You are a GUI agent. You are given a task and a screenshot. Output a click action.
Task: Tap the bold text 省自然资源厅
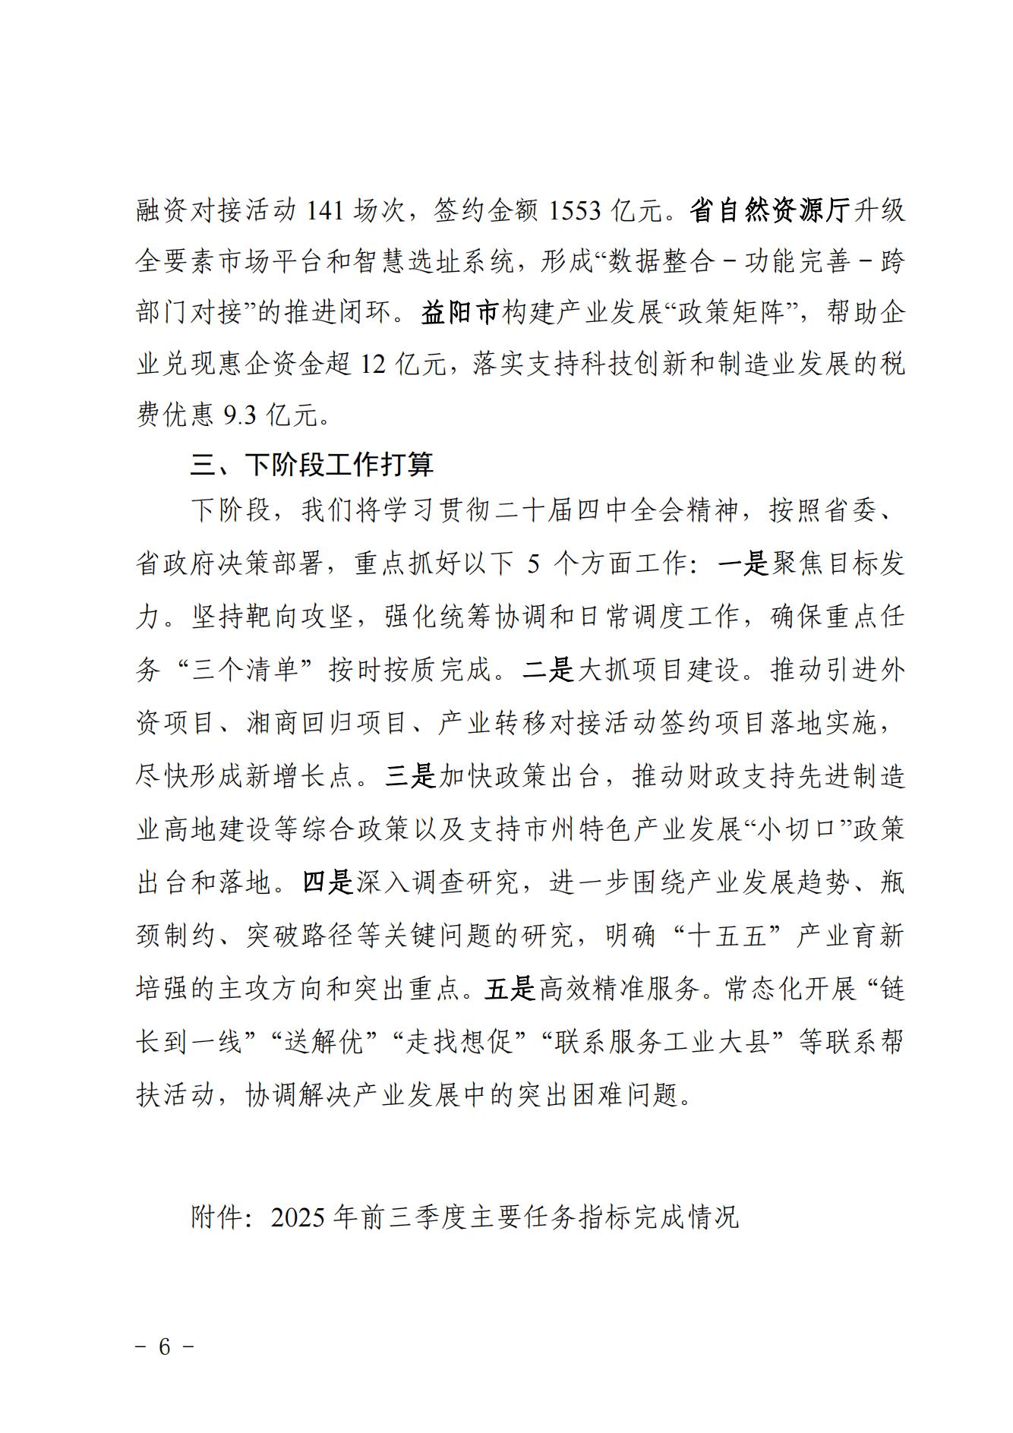tap(770, 210)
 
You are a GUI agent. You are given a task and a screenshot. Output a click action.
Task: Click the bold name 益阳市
tap(459, 314)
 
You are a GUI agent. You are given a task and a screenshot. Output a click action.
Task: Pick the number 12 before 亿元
tap(374, 365)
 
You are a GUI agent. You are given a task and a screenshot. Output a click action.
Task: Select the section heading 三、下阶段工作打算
tap(312, 465)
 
